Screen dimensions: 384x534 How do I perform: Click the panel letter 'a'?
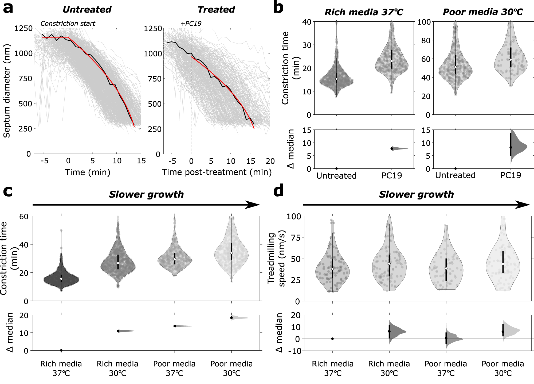pyautogui.click(x=8, y=8)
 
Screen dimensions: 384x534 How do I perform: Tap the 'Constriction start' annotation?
pyautogui.click(x=68, y=24)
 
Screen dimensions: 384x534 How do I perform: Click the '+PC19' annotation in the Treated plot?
pyautogui.click(x=191, y=24)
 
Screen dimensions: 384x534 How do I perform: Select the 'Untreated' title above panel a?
pyautogui.click(x=87, y=10)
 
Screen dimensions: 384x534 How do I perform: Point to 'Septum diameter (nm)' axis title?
pyautogui.click(x=7, y=91)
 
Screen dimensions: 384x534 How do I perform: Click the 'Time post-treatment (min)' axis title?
pyautogui.click(x=217, y=172)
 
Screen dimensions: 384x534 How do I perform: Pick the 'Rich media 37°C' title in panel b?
pyautogui.click(x=364, y=12)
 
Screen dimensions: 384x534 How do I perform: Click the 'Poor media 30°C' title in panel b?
pyautogui.click(x=482, y=12)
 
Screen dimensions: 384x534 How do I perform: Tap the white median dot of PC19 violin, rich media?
pyautogui.click(x=392, y=61)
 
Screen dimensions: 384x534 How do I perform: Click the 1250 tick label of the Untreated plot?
pyautogui.click(x=23, y=28)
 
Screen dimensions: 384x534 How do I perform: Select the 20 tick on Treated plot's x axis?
pyautogui.click(x=270, y=161)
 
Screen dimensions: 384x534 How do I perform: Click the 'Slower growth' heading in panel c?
pyautogui.click(x=146, y=194)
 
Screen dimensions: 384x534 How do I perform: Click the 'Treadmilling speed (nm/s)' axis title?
pyautogui.click(x=276, y=258)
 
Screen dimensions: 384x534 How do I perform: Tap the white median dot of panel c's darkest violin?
pyautogui.click(x=61, y=279)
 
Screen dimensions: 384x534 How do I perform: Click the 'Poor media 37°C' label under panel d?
pyautogui.click(x=446, y=368)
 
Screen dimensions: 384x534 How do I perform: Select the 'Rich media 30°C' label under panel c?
pyautogui.click(x=117, y=368)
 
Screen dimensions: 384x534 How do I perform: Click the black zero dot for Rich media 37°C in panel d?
pyautogui.click(x=332, y=339)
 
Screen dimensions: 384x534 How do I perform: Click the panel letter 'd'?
pyautogui.click(x=278, y=191)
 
